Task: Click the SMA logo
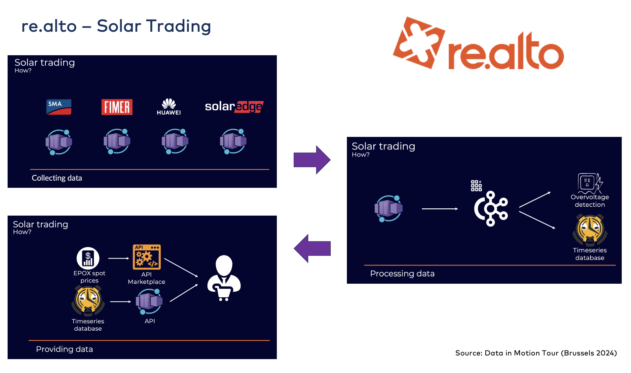coord(59,107)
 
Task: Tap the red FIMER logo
coord(117,107)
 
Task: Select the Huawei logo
coord(168,106)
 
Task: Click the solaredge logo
coord(234,106)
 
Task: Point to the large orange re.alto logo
coord(478,45)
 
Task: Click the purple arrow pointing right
coord(312,160)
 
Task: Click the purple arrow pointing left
coord(312,248)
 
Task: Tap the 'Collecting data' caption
coord(57,178)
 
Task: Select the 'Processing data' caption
coord(402,273)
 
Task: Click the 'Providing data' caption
coord(64,349)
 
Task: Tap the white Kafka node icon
coord(491,208)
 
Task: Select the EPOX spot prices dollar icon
coord(88,258)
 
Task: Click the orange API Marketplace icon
coord(147,257)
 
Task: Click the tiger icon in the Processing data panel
coord(590,229)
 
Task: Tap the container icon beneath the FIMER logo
coord(117,142)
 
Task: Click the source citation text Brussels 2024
coord(536,353)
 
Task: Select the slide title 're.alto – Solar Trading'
coord(116,26)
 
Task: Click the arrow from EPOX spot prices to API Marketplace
coord(118,258)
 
